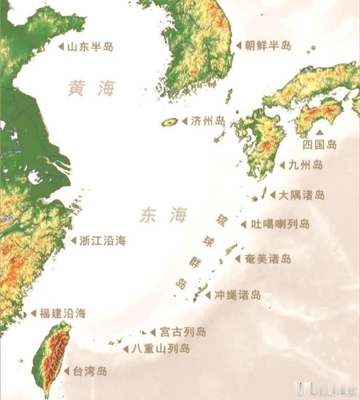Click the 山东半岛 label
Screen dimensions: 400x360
tap(90, 47)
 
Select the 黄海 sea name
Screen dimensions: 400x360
tap(91, 89)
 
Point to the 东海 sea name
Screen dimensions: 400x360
tap(163, 215)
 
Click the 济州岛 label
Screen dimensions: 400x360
tap(208, 121)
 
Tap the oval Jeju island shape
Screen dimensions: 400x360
tap(169, 123)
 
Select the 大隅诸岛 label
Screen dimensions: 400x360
tap(301, 195)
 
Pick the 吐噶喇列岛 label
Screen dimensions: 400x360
tap(280, 224)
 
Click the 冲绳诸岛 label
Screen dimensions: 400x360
tap(237, 295)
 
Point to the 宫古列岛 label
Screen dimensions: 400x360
tap(183, 332)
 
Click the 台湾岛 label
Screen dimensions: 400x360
tap(89, 371)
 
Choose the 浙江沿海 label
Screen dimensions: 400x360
tap(102, 241)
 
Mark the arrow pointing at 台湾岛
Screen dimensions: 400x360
tap(66, 371)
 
